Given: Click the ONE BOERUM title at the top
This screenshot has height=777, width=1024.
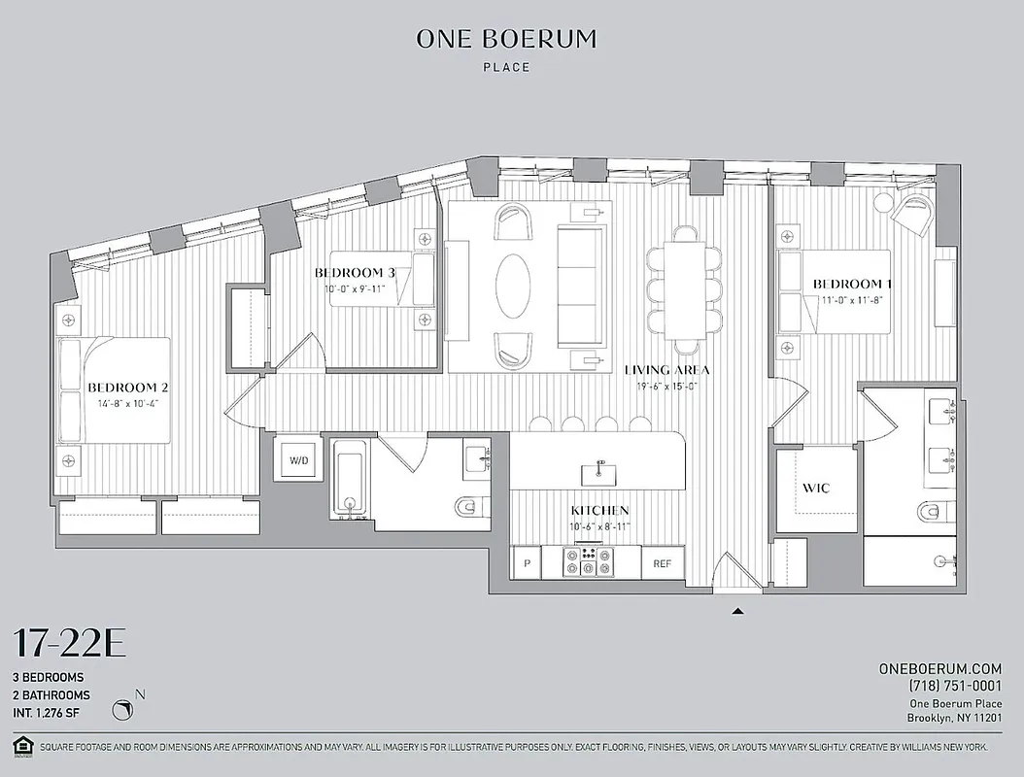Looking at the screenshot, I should point(506,39).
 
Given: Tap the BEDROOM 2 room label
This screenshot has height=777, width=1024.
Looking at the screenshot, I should point(128,387).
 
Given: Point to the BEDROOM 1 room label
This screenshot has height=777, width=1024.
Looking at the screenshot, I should point(852,284).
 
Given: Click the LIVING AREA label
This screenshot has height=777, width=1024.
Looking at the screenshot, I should point(666,370).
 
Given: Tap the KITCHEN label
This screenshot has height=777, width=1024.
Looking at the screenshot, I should point(599,510).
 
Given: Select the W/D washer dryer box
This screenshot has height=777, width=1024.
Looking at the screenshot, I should point(296,459).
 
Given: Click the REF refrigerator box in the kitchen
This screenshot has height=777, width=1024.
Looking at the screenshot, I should point(663,563).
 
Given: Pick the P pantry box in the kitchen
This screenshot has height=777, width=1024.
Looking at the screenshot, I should point(527,563).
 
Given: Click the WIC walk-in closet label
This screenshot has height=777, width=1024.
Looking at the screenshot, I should point(815,488).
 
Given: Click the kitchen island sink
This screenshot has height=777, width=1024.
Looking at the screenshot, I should point(599,473).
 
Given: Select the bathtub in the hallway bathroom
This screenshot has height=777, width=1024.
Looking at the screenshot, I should point(348,479).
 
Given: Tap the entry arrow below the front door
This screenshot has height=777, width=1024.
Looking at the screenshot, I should point(737,611).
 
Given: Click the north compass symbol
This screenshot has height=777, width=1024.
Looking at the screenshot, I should point(124,711).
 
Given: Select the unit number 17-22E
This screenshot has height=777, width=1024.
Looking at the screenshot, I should point(69,644).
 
